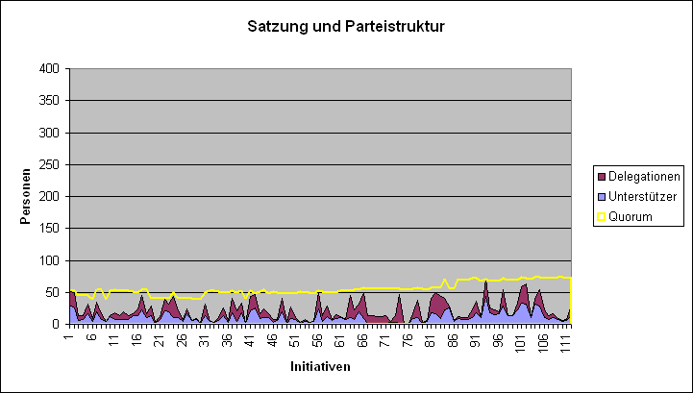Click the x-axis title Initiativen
click(319, 367)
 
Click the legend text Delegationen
click(644, 176)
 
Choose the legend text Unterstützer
click(642, 196)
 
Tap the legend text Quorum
click(631, 216)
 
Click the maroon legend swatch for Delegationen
click(602, 176)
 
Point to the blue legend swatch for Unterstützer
click(602, 196)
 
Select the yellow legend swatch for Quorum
click(602, 216)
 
